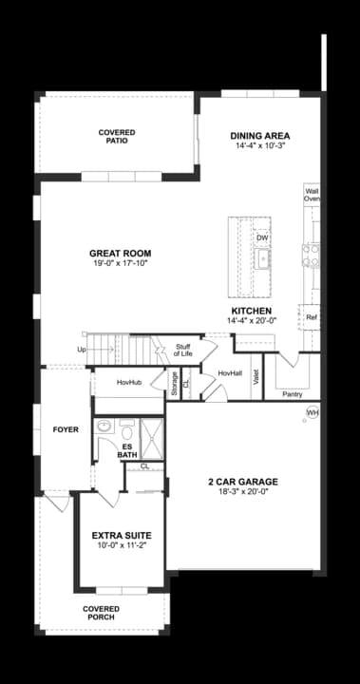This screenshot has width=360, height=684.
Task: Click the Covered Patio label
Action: point(117,136)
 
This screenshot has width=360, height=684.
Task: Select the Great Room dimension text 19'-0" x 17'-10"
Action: point(121,263)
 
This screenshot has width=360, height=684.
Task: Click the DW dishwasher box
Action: point(261,237)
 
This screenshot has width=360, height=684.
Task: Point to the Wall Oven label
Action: point(312,195)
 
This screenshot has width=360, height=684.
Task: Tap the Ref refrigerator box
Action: point(311,317)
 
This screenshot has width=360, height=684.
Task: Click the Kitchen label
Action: point(252,311)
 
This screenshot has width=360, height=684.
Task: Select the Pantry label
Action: point(293,393)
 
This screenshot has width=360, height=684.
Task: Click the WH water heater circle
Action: point(313,411)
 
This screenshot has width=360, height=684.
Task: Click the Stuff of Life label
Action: point(183,351)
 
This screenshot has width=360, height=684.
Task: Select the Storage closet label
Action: point(175,383)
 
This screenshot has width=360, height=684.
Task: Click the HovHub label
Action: point(129,382)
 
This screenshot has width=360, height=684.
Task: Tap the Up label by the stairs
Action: point(82,350)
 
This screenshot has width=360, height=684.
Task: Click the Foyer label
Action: point(66,429)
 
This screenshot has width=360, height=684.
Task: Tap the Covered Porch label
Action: point(101,613)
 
